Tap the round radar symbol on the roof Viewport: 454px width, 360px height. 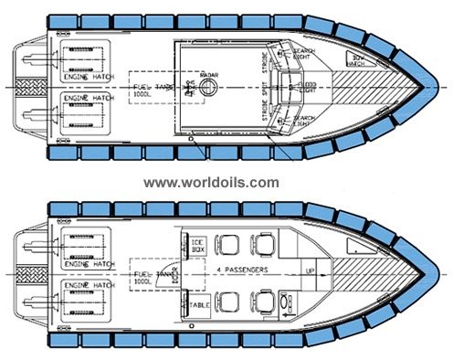click(x=206, y=88)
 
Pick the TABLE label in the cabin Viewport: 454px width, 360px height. click(x=199, y=302)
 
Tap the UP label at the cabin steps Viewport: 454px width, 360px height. click(x=311, y=270)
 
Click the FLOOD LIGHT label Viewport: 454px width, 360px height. click(x=305, y=87)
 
